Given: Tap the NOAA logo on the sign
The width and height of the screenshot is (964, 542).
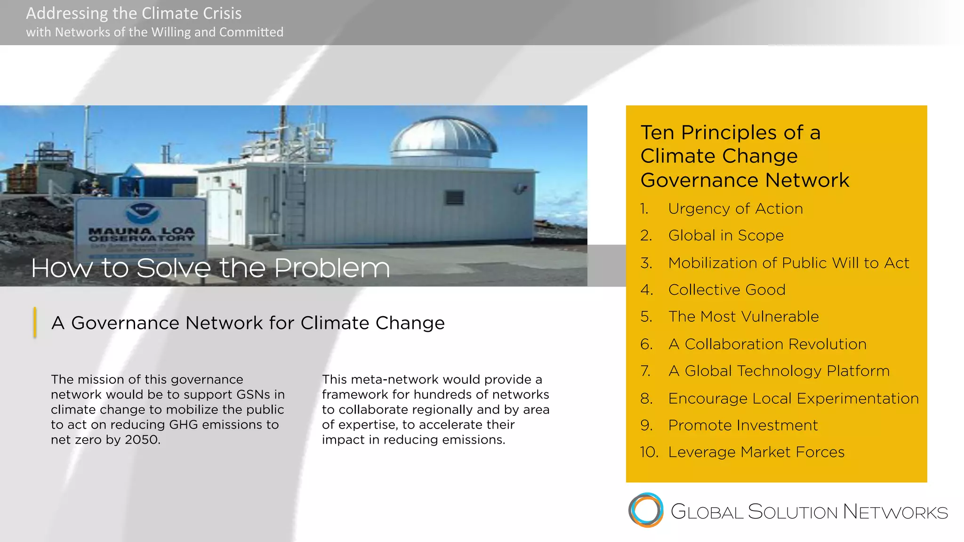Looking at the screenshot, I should (142, 213).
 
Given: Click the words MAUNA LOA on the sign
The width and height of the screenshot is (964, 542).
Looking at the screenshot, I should (141, 231).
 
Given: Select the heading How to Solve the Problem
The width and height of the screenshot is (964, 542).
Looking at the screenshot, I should (210, 268).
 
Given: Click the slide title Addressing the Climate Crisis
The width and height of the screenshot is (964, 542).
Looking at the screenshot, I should (134, 13).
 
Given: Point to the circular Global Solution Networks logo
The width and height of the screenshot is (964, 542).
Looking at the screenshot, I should (646, 510).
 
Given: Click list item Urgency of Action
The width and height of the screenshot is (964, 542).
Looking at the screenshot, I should (735, 208).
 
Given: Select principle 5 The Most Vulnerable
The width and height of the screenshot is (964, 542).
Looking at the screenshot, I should (743, 316).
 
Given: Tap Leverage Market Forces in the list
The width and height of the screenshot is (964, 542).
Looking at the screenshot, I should (756, 452).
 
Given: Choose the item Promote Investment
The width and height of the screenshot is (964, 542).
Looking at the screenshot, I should (743, 425).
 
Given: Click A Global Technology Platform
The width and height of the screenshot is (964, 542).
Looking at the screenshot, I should (779, 371).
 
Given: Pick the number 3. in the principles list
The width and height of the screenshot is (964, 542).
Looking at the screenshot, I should (646, 263).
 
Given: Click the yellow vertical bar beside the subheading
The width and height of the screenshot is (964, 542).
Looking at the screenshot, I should (35, 323).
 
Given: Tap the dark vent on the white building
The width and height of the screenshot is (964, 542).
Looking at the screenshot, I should (454, 198).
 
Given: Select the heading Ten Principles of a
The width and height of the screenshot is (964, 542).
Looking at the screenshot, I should (730, 132).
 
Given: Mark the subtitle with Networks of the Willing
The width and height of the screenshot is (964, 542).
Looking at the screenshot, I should (154, 32).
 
